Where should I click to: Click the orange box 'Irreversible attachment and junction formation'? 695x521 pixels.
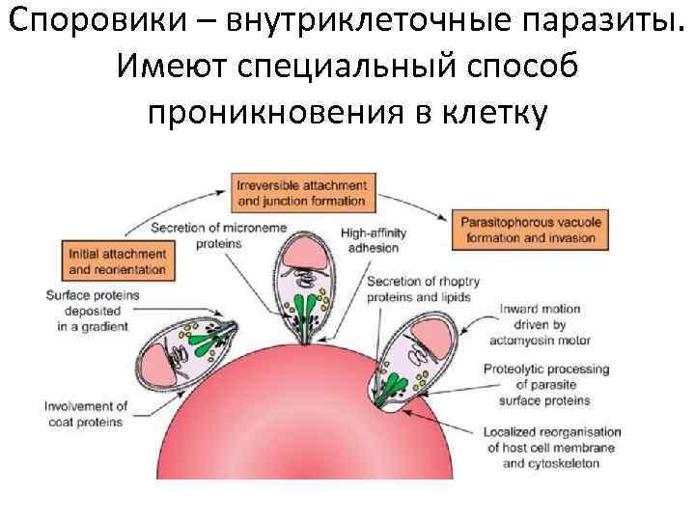(301, 192)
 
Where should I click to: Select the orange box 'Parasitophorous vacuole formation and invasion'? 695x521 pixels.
(531, 228)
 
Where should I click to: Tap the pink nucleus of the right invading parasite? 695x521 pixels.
(434, 334)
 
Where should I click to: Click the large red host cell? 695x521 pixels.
(290, 425)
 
